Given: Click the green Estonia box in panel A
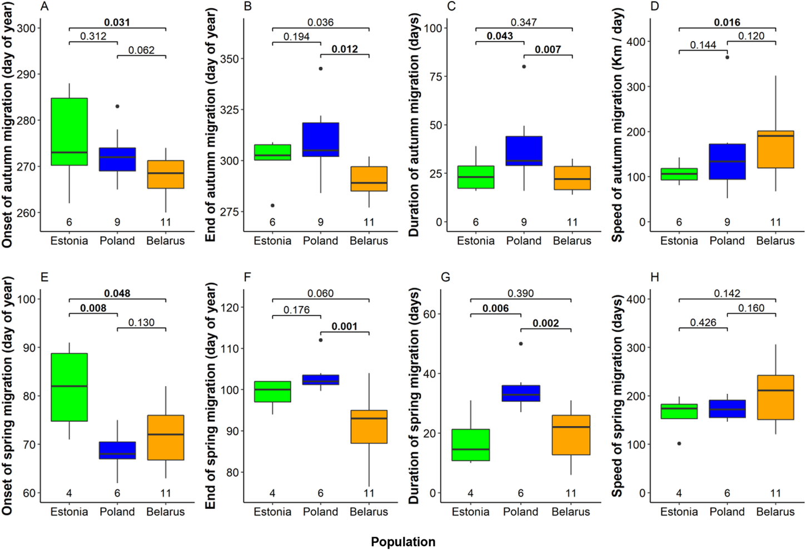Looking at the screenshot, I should [69, 132].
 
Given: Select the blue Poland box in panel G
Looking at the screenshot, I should [521, 393].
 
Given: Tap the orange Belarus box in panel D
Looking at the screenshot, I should [775, 149].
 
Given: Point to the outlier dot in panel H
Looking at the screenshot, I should [679, 443].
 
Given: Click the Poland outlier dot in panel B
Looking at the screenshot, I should [321, 69].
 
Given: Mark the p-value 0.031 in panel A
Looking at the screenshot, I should [117, 23].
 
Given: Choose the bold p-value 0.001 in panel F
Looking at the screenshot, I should [345, 326].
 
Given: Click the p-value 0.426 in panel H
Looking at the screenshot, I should [703, 322].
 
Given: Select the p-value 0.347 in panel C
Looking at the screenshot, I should [524, 23].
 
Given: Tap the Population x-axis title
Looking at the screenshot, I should [403, 542].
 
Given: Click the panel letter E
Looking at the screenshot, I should [44, 277].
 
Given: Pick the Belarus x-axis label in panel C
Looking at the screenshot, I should [572, 241].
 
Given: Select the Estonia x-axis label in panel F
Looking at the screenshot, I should [272, 512].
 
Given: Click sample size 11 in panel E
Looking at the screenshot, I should [166, 493].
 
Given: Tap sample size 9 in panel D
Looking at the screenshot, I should [727, 222].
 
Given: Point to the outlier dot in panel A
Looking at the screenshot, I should [117, 106].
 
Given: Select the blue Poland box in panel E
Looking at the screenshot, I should [117, 450].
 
